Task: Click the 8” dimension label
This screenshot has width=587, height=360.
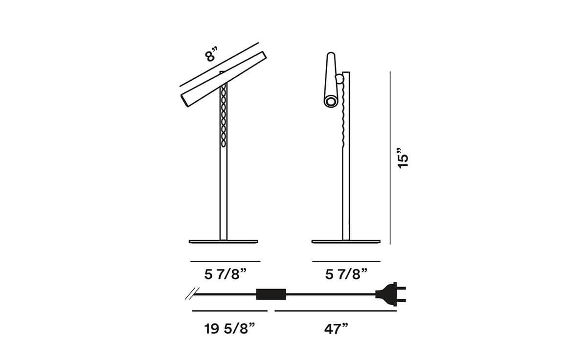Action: [x=211, y=55]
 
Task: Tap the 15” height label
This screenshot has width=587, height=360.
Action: [x=403, y=158]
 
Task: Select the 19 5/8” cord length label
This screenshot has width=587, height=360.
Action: [x=229, y=329]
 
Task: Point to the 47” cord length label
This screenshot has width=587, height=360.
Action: [x=336, y=329]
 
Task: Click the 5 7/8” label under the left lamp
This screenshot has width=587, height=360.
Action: [x=226, y=274]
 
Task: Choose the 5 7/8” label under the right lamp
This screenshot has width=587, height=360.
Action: [x=346, y=274]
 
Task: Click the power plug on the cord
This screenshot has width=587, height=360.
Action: [x=390, y=294]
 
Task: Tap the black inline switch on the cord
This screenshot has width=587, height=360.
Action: [x=271, y=294]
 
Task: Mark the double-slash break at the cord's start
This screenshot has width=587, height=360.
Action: [x=192, y=293]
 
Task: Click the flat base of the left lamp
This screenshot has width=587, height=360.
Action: [x=224, y=242]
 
